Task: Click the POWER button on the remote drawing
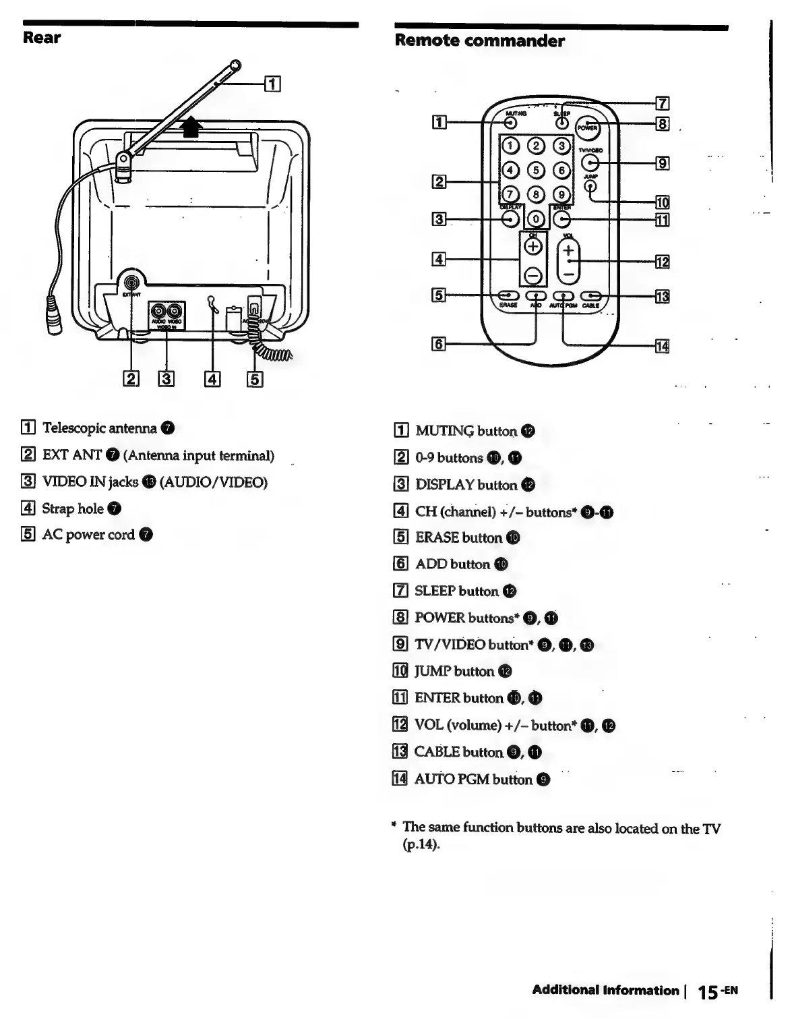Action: click(x=587, y=127)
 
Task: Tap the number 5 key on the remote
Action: click(x=537, y=170)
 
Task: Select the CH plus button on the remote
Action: click(x=533, y=247)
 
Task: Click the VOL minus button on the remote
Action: click(x=569, y=274)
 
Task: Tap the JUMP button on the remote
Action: click(x=590, y=186)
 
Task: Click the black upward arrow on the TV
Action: click(x=193, y=126)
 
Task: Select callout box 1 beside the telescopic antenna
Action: click(x=272, y=84)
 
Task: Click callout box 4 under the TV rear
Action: click(x=212, y=380)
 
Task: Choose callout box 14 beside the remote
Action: click(x=663, y=347)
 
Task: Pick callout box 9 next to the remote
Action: click(x=663, y=163)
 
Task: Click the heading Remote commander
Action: click(x=479, y=41)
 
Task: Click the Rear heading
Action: click(x=42, y=38)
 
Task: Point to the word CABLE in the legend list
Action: click(x=437, y=753)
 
